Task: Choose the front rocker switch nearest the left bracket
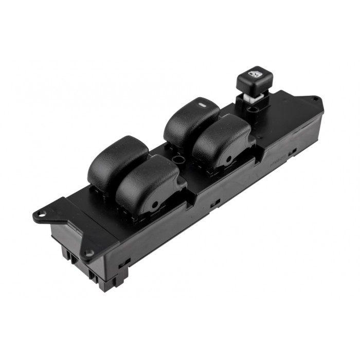click(x=149, y=183)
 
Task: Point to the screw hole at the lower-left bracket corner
click(x=89, y=253)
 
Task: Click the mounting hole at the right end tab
click(x=314, y=98)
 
